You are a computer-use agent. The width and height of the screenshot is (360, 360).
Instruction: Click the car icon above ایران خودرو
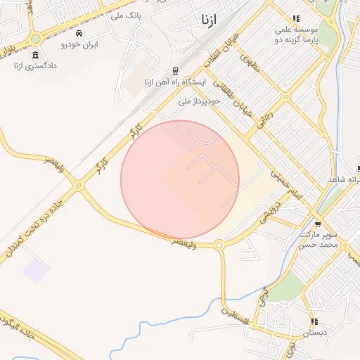78,33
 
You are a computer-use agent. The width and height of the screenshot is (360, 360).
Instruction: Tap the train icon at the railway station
174,71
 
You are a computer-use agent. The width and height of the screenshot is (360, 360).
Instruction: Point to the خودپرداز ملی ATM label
200,101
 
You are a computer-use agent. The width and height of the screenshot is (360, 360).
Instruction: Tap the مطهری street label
250,65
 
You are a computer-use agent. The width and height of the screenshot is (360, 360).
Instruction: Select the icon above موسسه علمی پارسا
296,18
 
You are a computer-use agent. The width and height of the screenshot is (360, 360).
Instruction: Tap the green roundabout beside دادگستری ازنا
36,38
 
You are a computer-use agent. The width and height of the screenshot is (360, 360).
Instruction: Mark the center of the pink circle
180,180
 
